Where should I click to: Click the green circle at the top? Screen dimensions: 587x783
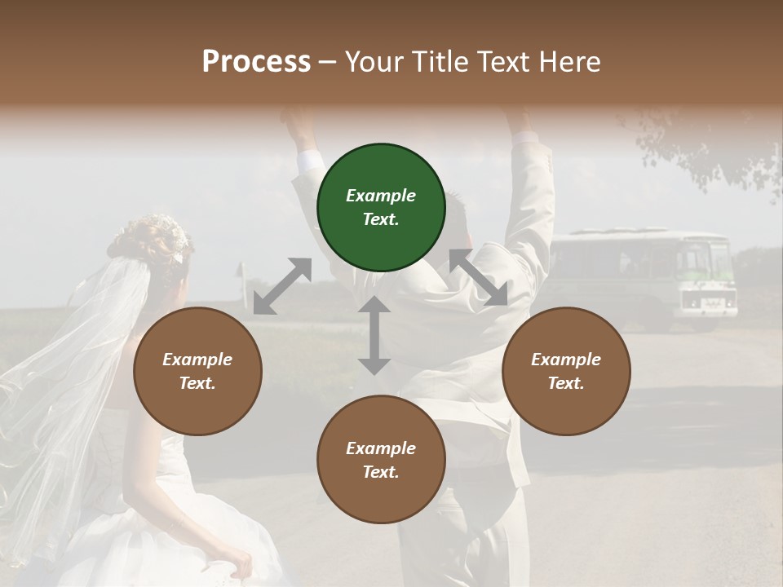[x=381, y=208]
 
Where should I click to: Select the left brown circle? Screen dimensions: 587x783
[x=197, y=371]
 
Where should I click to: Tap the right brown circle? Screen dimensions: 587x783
[x=566, y=371]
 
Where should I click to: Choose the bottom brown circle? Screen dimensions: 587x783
[x=381, y=460]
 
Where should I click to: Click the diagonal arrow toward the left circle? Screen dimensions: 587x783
[x=282, y=286]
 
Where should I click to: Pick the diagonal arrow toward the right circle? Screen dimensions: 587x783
[x=479, y=277]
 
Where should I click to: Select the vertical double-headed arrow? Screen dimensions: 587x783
[x=374, y=335]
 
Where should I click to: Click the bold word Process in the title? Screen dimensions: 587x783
[x=256, y=61]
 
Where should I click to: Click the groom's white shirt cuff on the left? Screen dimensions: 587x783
[x=309, y=161]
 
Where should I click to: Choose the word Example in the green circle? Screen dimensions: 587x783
[x=381, y=196]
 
